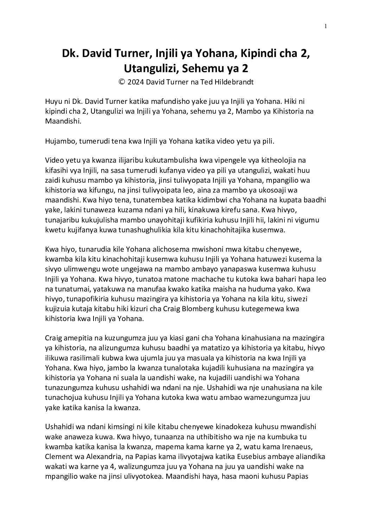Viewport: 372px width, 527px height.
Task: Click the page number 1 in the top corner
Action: [326, 26]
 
